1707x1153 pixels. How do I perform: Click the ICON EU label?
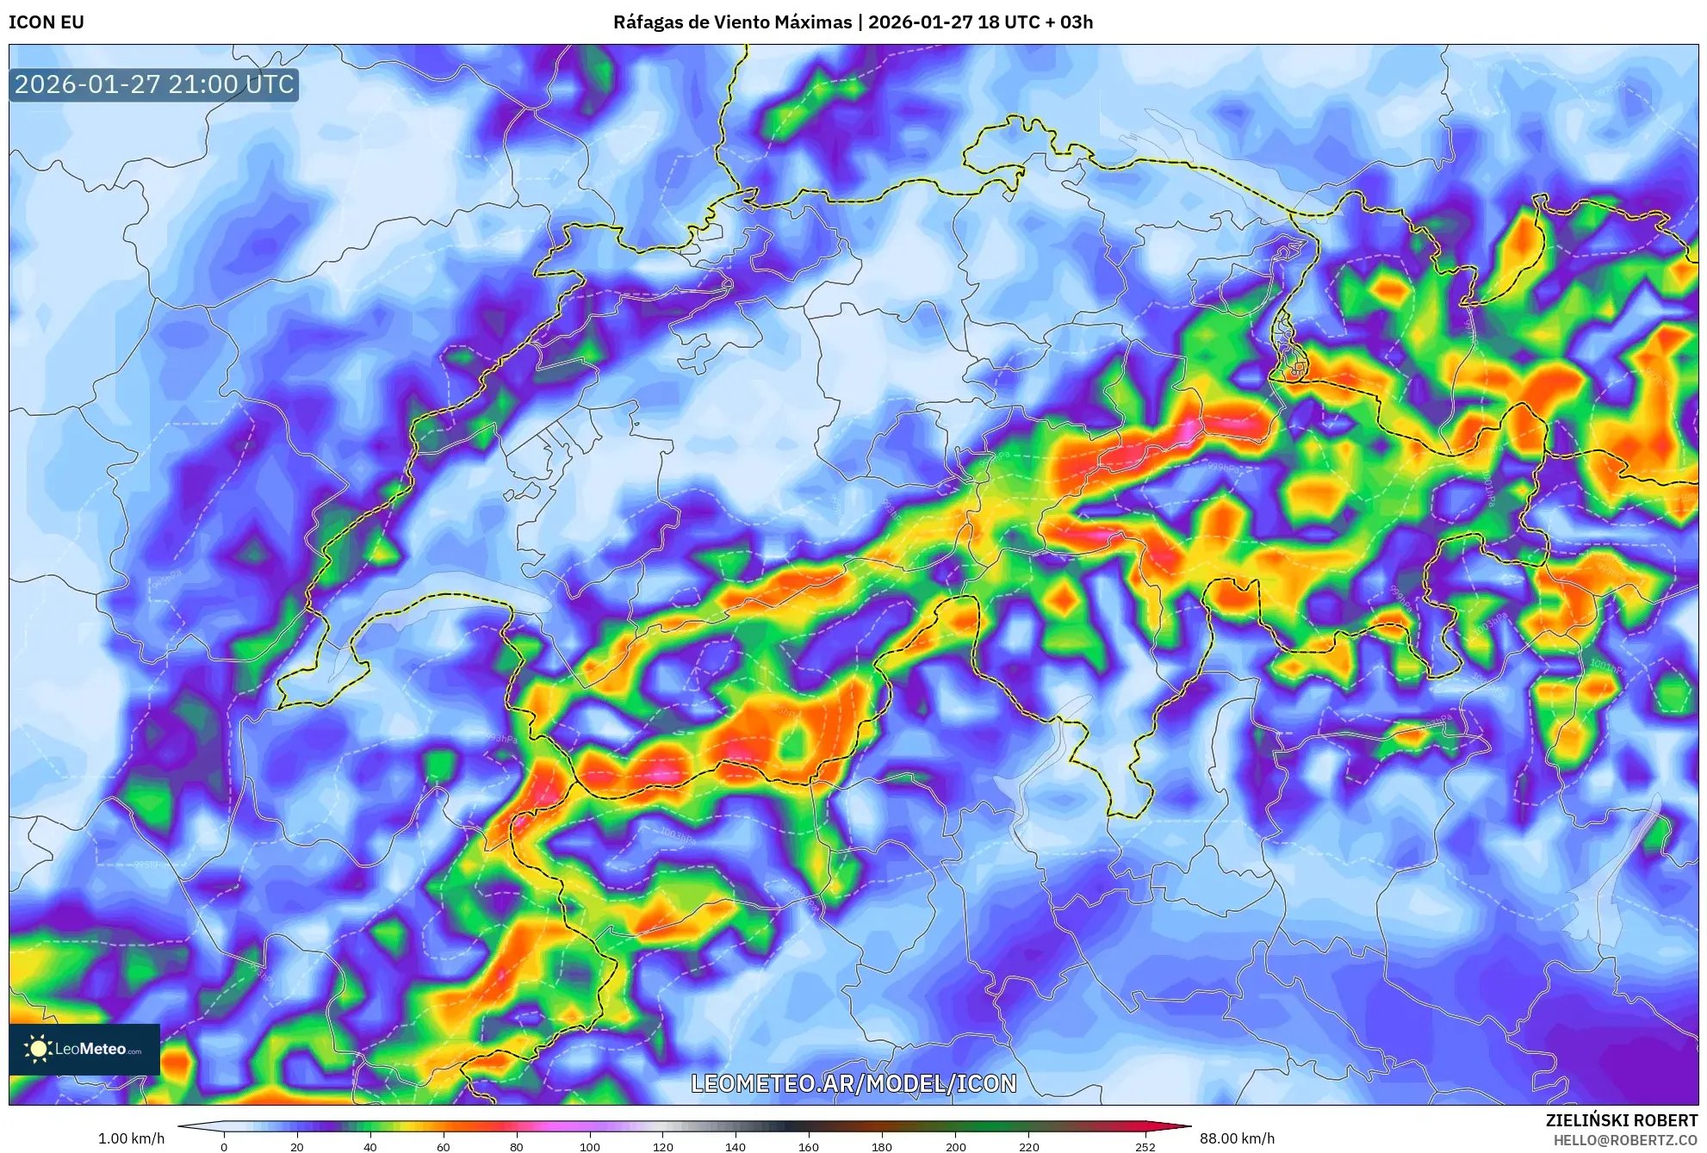tap(47, 22)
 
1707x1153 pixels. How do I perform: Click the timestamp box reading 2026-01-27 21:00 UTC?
tap(154, 84)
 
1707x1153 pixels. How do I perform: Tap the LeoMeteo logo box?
tap(84, 1049)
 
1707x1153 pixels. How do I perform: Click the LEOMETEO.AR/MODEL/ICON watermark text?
tap(853, 1083)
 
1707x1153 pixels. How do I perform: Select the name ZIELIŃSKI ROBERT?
tap(1621, 1120)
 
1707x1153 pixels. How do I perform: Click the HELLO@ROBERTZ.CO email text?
tap(1625, 1140)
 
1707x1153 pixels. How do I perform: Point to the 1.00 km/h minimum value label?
tap(131, 1138)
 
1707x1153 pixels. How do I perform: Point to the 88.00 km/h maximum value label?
tap(1237, 1138)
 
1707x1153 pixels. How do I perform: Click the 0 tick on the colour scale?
tap(224, 1146)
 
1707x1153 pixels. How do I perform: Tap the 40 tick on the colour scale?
tap(370, 1146)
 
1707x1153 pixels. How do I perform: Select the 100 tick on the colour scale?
tap(590, 1146)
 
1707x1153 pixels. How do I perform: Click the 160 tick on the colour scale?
tap(809, 1146)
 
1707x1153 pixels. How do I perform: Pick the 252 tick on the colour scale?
tap(1145, 1146)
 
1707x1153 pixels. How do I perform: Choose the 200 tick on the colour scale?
tap(955, 1146)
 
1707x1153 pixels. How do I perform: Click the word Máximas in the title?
tap(810, 22)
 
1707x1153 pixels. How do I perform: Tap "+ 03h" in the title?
tap(1067, 22)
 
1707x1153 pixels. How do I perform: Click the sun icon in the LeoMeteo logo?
tap(38, 1049)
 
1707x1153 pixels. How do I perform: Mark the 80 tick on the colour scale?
tap(517, 1146)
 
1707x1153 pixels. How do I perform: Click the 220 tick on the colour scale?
tap(1028, 1146)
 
